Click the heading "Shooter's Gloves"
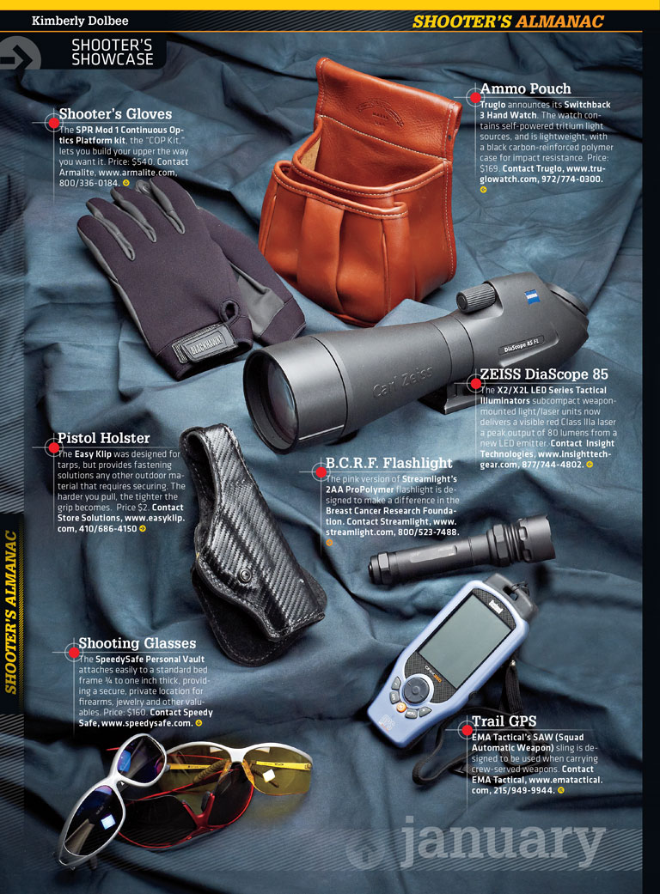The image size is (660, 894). (115, 114)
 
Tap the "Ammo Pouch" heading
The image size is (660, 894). (525, 89)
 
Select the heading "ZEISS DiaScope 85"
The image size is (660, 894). (544, 374)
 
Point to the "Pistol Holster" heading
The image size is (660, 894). (103, 438)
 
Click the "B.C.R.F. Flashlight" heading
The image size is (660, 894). (389, 463)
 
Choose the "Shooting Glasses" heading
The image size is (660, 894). (137, 643)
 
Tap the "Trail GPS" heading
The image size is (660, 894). (504, 721)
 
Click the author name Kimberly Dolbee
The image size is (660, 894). (80, 21)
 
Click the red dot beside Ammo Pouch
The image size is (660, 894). (474, 98)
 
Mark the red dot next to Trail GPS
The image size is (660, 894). (467, 730)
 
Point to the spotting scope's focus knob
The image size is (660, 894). (476, 298)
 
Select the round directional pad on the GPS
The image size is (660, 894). (415, 690)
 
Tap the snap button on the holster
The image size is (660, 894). (245, 576)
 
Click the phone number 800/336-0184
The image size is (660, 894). (89, 183)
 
